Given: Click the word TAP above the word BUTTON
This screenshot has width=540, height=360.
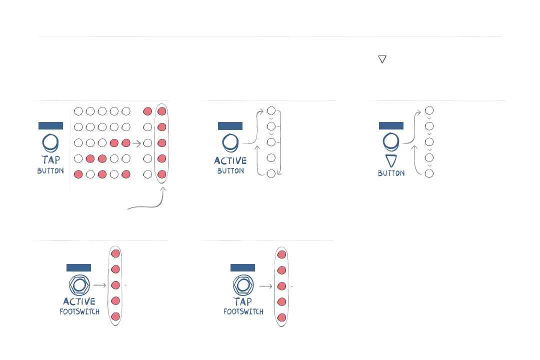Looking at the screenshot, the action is tap(50, 160).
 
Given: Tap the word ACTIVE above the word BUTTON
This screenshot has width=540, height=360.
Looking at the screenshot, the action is tap(230, 160).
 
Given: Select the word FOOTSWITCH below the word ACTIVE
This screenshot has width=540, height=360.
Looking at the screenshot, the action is tap(79, 311).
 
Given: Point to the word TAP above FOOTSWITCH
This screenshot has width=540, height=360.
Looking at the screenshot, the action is tap(243, 301).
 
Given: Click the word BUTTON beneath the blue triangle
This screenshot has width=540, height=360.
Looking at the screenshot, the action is tap(391, 173).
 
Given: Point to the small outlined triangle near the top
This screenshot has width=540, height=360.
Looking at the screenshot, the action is tap(382, 59).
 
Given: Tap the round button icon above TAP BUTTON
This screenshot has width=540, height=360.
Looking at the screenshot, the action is tap(50, 143).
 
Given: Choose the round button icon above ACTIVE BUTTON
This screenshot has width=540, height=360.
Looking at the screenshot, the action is tap(230, 143).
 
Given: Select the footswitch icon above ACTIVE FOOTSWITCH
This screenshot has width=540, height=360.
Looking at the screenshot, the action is tap(79, 285).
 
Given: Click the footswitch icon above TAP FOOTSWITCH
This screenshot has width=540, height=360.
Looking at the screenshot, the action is tap(243, 285).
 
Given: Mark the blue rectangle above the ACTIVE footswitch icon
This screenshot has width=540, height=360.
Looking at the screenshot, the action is tap(78, 268).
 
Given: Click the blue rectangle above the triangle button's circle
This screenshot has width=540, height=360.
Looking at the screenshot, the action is tap(391, 125).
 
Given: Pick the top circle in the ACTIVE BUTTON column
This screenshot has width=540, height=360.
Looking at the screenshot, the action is tap(271, 110).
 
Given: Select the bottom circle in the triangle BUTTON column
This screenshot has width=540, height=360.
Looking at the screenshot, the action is tap(428, 173).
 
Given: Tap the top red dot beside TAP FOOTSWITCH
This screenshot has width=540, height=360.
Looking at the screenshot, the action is tap(281, 254).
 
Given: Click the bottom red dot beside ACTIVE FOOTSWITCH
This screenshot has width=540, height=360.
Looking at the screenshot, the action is tap(115, 316).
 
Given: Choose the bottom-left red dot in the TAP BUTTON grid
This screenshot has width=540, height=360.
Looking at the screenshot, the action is tap(78, 174).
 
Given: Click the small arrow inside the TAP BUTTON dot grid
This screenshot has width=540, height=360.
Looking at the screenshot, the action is tap(136, 143).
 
